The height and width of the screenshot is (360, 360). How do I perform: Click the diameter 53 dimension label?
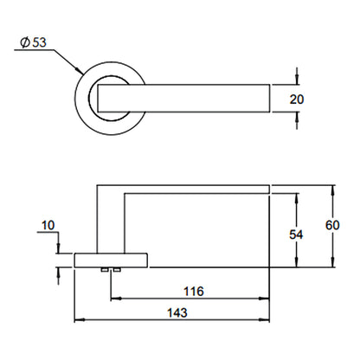33,42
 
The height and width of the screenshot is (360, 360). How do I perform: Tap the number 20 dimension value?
297,100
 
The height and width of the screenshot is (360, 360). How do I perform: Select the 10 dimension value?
48,225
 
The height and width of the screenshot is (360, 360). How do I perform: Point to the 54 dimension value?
296,235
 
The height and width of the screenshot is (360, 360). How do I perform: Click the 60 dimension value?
332,225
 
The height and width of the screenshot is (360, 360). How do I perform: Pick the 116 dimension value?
194,292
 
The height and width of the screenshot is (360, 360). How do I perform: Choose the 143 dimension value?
177,312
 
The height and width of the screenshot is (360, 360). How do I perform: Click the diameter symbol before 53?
25,42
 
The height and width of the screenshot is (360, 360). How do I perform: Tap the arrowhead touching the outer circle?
79,70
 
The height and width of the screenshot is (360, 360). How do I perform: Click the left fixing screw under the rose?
104,270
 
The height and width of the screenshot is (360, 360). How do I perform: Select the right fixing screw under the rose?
117,270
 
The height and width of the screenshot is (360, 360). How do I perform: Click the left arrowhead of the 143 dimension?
80,319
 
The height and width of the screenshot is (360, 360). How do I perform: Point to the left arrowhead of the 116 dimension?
116,299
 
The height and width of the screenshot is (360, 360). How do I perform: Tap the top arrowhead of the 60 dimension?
333,190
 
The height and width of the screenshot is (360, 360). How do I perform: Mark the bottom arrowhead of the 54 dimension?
297,262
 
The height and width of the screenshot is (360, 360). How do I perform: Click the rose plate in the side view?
111,260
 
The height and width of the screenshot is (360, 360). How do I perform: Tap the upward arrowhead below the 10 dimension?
59,273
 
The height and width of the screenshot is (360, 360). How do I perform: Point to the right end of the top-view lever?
270,98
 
